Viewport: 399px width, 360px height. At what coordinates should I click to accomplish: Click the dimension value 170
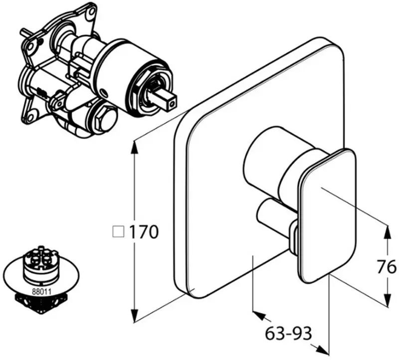(144, 231)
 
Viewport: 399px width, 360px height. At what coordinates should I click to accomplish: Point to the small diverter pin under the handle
(272, 217)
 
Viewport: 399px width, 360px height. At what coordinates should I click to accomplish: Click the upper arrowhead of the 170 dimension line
(134, 146)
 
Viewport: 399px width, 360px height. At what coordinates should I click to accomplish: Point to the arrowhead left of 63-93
(259, 315)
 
